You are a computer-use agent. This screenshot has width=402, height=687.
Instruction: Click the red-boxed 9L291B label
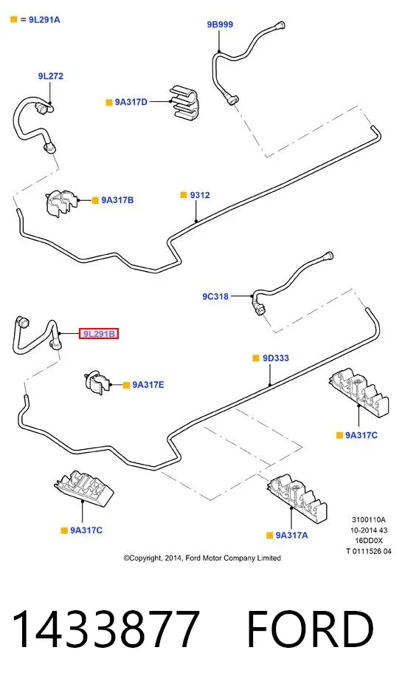pyautogui.click(x=99, y=334)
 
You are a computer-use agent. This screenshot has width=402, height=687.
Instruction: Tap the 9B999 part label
pyautogui.click(x=220, y=24)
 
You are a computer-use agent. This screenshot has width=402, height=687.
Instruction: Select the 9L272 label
pyautogui.click(x=51, y=76)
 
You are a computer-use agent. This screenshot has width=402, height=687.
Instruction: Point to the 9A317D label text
pyautogui.click(x=131, y=102)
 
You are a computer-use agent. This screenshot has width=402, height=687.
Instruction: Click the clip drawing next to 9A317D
pyautogui.click(x=183, y=103)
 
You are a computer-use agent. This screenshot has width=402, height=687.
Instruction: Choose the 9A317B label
pyautogui.click(x=118, y=200)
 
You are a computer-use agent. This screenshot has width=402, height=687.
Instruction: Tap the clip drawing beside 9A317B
pyautogui.click(x=61, y=202)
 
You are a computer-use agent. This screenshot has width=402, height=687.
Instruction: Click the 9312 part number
pyautogui.click(x=200, y=195)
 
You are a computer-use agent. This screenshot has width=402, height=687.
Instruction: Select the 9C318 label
pyautogui.click(x=215, y=297)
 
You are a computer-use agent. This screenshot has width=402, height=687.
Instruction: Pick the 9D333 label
pyautogui.click(x=276, y=358)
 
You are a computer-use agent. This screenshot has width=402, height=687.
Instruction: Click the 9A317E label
pyautogui.click(x=148, y=385)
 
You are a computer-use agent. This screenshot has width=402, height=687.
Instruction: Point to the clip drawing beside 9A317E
pyautogui.click(x=97, y=382)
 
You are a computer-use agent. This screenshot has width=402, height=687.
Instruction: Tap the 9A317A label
pyautogui.click(x=292, y=535)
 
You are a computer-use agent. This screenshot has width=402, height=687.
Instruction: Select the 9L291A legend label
pyautogui.click(x=44, y=20)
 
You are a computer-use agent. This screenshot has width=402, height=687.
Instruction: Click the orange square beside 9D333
pyautogui.click(x=256, y=358)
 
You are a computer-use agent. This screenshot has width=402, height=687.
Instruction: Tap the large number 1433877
pyautogui.click(x=105, y=629)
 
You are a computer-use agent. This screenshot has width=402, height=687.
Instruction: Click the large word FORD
pyautogui.click(x=311, y=629)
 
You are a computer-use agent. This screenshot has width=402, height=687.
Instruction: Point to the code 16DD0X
pyautogui.click(x=369, y=541)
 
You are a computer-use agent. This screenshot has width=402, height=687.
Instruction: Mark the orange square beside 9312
pyautogui.click(x=184, y=195)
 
